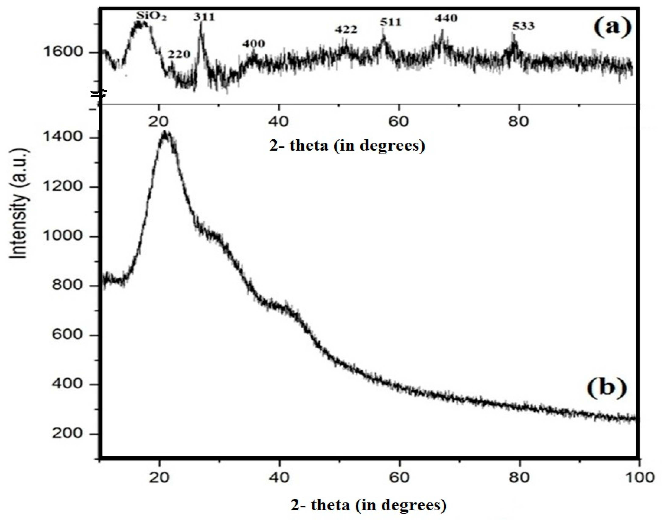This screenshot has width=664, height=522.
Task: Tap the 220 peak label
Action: [179, 55]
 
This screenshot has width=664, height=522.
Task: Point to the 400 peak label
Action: [253, 44]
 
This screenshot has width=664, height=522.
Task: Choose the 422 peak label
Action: [346, 30]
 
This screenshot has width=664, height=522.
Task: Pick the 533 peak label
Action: [523, 26]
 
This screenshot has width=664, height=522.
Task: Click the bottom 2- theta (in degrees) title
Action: [369, 505]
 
